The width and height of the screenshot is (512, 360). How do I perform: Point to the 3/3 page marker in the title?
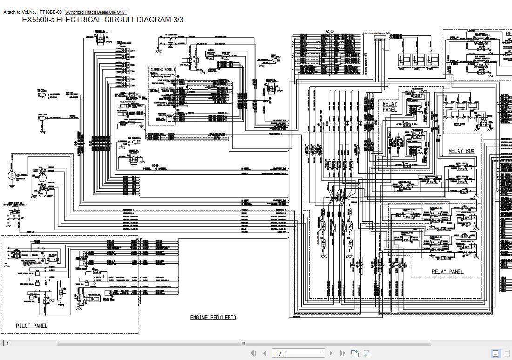click(x=178, y=20)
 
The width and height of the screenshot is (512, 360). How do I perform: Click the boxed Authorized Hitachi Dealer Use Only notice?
click(x=95, y=12)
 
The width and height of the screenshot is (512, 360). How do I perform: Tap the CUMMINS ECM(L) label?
click(x=163, y=70)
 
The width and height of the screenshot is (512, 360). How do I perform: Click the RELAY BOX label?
click(x=461, y=151)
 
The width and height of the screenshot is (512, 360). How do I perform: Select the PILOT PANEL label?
click(x=32, y=326)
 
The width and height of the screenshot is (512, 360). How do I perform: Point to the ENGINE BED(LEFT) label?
click(x=213, y=318)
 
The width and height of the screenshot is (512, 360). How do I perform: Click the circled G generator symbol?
click(x=12, y=176)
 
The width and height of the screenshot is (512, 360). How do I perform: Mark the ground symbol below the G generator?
click(x=12, y=186)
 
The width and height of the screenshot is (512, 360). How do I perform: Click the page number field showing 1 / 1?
click(x=296, y=353)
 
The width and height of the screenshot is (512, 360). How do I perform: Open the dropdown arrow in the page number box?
click(x=322, y=353)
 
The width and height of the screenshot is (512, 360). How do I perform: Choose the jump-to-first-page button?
click(x=254, y=353)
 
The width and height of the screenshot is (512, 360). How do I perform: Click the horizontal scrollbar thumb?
click(x=243, y=343)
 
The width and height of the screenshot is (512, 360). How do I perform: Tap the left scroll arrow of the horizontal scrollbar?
click(x=7, y=343)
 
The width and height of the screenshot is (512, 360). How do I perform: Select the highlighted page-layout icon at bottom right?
click(x=495, y=353)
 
